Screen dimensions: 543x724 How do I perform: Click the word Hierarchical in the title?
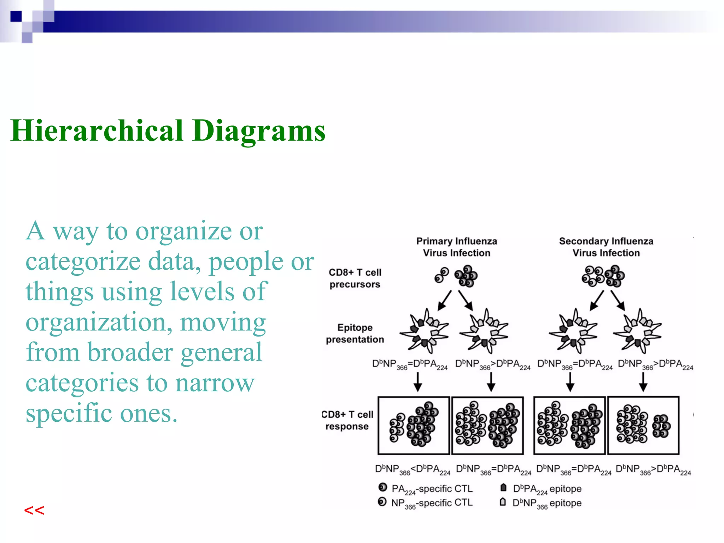97,131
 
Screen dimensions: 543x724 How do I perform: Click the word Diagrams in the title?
258,131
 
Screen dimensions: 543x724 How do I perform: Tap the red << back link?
34,510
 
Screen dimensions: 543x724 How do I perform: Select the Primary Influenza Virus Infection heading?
456,247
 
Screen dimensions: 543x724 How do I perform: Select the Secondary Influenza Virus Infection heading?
606,247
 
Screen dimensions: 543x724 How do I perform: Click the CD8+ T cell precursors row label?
355,278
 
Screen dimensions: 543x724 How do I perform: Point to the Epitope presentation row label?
355,333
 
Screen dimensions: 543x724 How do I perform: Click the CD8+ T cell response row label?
348,420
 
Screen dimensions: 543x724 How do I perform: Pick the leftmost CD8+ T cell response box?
414,425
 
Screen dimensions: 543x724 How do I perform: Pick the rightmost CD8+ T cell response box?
643,425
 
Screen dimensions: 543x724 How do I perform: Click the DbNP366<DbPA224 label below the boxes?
413,469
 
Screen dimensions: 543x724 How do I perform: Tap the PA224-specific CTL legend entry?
426,489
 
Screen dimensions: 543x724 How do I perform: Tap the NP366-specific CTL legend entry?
426,503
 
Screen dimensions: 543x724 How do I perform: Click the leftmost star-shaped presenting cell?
424,331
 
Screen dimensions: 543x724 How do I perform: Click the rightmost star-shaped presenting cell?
637,331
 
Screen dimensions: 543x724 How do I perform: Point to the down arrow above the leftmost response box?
418,382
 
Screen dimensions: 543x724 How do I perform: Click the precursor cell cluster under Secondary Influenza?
603,276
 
